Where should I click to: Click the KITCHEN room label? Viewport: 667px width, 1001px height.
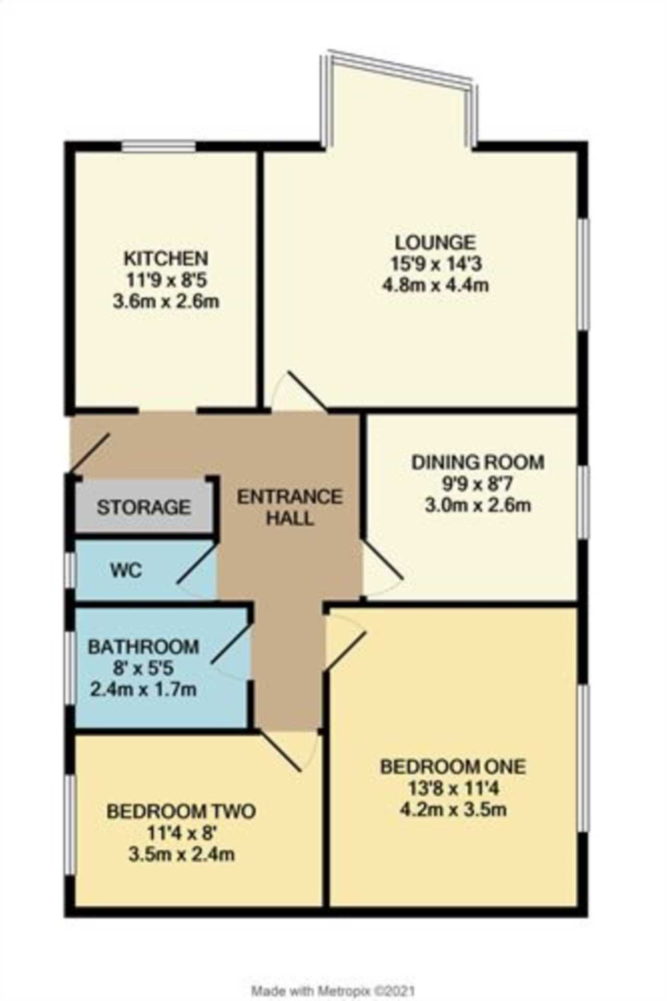point(166,258)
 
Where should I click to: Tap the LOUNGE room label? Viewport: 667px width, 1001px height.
point(435,242)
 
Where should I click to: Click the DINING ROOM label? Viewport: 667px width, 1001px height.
point(478,462)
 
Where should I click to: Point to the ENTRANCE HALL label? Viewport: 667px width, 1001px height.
point(290,507)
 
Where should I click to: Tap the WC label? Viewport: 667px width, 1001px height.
point(126,570)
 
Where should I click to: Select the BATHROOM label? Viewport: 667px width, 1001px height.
point(143,646)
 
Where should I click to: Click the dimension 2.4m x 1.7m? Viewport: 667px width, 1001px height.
point(143,690)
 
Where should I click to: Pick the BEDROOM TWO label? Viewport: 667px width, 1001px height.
point(181,811)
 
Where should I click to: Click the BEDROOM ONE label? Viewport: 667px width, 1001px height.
point(453,766)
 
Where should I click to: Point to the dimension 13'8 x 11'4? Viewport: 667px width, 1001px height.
point(453,788)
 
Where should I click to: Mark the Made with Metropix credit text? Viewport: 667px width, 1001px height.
point(333,976)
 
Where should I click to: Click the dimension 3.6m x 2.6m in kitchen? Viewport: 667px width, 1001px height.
point(166,301)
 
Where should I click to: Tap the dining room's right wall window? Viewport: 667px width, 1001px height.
point(584,500)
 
